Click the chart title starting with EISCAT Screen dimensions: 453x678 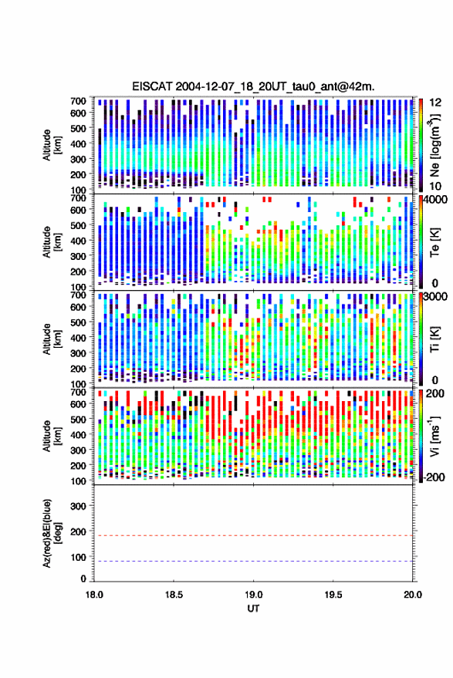coord(253,87)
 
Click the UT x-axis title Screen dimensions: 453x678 coord(253,609)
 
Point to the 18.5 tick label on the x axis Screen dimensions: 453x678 coord(174,595)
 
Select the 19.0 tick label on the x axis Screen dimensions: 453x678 coord(253,595)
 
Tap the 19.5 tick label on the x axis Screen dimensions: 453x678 coord(333,595)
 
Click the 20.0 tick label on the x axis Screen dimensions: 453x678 coord(412,595)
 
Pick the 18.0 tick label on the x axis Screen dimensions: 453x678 coord(94,595)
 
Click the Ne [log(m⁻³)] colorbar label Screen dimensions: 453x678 coord(434,145)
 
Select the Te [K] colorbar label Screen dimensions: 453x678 coord(434,242)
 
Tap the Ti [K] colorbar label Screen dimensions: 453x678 coord(434,339)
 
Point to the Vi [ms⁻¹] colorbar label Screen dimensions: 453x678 coord(434,436)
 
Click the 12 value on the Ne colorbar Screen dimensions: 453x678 coord(435,103)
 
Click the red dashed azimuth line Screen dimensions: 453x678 coord(253,535)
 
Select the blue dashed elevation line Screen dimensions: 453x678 coord(253,562)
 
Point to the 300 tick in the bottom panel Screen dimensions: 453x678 coord(78,506)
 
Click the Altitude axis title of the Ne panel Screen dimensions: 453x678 coord(51,145)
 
